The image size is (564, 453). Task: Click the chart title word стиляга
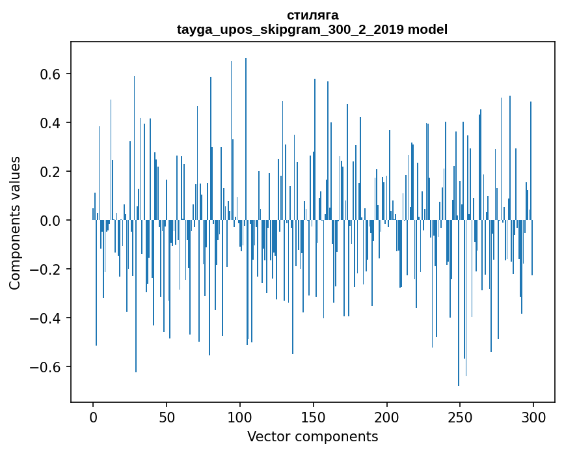[x=312, y=15]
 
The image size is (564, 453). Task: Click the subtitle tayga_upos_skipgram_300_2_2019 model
[x=312, y=29]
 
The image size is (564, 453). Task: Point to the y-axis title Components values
[x=15, y=223]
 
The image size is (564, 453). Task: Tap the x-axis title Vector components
[x=312, y=436]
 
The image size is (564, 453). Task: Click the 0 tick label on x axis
[x=93, y=417]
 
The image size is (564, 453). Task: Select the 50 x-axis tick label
[x=167, y=417]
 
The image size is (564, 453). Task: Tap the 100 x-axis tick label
[x=240, y=417]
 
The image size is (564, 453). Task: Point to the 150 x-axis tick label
[x=314, y=417]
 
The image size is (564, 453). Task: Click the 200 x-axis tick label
[x=387, y=417]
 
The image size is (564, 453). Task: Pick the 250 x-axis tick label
[x=461, y=417]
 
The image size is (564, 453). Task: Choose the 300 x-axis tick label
[x=534, y=417]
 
